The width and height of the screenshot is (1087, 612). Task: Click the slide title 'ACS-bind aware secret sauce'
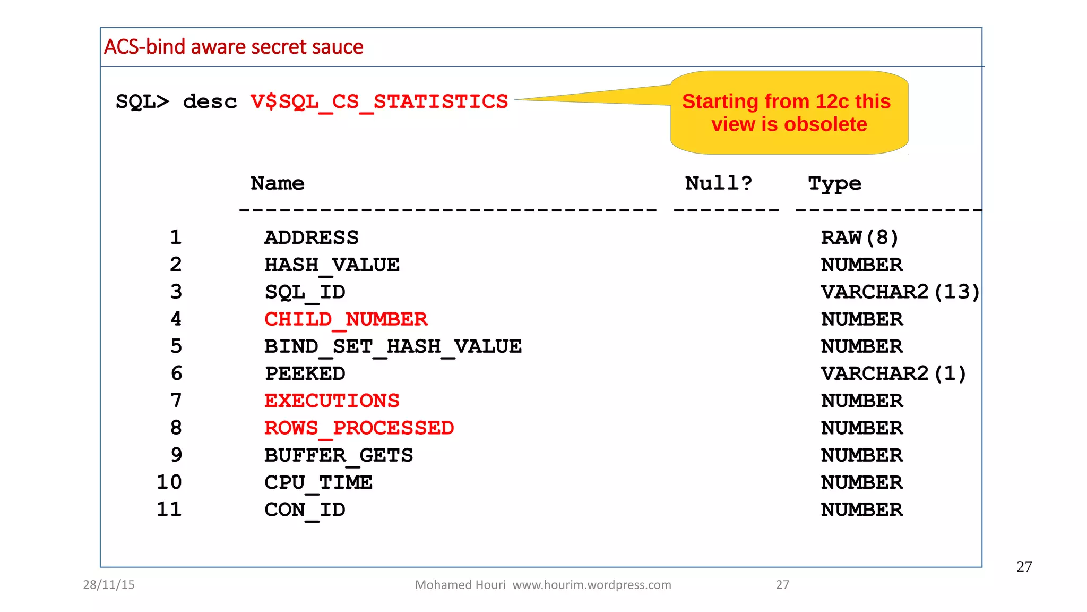(234, 47)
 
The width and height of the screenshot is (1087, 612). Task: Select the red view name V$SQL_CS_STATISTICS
(379, 101)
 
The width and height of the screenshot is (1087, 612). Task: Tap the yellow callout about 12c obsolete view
(789, 113)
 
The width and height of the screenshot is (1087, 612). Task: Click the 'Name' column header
(277, 183)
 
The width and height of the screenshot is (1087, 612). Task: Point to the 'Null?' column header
(718, 183)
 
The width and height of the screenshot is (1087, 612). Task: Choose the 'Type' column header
(834, 184)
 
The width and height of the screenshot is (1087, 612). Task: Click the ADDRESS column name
(312, 237)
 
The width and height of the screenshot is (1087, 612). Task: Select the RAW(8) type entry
(859, 237)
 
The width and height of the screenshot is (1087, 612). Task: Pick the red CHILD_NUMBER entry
(346, 319)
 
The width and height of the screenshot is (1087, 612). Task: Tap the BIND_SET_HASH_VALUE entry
(393, 346)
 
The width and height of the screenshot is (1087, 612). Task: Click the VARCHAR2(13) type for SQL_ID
(900, 292)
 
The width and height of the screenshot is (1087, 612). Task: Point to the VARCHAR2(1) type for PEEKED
(893, 373)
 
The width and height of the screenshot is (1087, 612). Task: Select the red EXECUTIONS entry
(332, 401)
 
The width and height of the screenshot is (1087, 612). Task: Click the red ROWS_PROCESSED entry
(359, 428)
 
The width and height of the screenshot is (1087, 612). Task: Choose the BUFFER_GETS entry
(339, 455)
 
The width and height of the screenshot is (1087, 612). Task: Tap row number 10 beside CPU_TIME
(169, 482)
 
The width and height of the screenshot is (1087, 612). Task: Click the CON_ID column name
(305, 510)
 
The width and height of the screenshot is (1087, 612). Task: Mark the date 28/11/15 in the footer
(109, 585)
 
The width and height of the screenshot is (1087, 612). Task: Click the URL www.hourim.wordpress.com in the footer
(591, 585)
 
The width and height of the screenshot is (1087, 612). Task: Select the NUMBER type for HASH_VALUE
(861, 265)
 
